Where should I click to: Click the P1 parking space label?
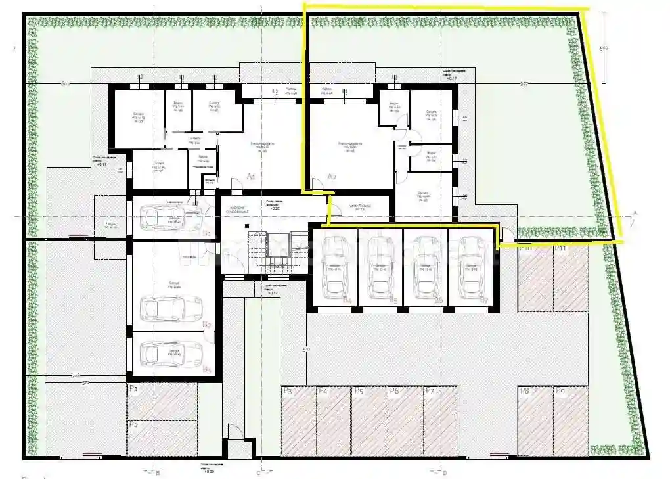(133, 389)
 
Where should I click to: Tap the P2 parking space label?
(133, 424)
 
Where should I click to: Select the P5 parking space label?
(359, 391)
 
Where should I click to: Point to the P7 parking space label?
(430, 391)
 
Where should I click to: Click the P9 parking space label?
(560, 391)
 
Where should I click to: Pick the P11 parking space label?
(560, 249)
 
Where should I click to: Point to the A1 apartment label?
(250, 176)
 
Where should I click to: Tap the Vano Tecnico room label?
(360, 207)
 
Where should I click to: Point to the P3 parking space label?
(287, 391)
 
